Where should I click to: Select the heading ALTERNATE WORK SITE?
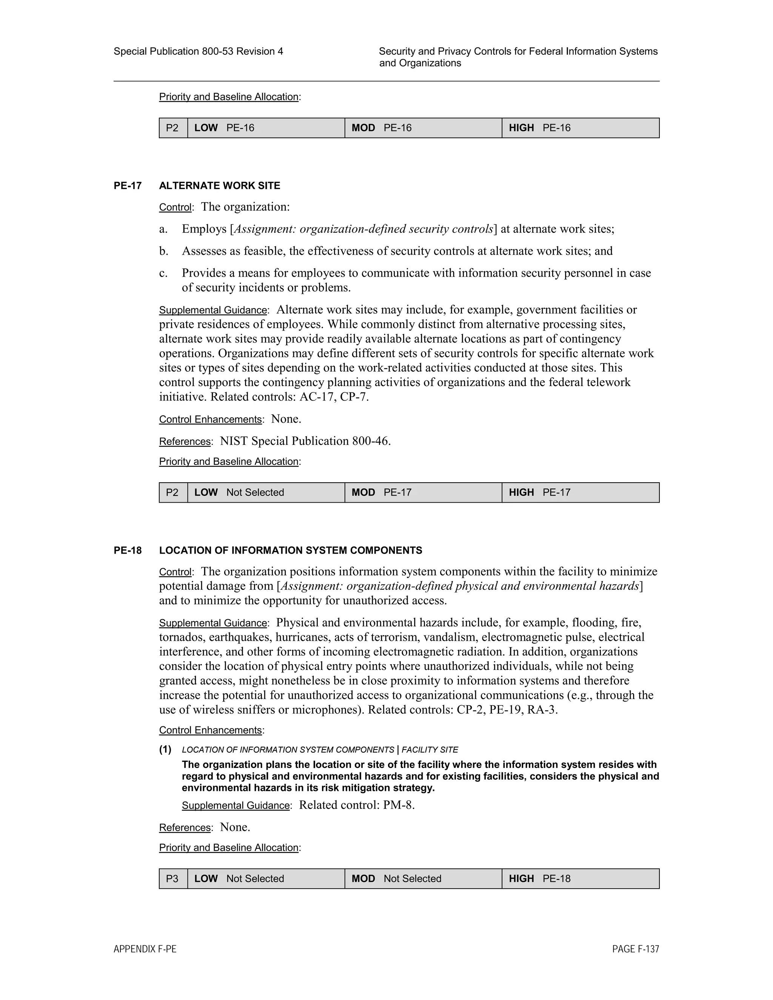[219, 185]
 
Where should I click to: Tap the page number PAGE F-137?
[635, 949]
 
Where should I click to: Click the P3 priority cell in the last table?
[172, 878]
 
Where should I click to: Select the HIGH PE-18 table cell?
[580, 878]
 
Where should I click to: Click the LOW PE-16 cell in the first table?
[266, 128]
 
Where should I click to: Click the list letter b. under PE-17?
[163, 251]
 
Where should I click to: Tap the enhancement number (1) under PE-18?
[165, 749]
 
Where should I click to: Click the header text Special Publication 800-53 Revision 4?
[198, 51]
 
